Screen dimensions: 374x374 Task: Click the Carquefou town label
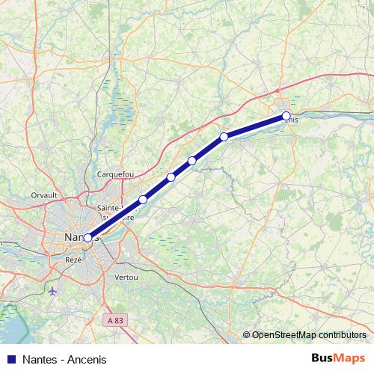tap(115, 174)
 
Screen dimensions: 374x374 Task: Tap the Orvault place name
tap(44, 194)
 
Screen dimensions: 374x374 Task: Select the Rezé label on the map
tap(73, 259)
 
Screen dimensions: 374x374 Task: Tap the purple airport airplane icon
tap(51, 290)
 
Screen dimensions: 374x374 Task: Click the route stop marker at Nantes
tap(88, 238)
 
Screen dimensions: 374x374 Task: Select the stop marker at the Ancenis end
tap(286, 115)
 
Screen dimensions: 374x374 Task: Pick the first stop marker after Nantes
tap(143, 200)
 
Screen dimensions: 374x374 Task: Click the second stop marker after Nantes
tap(171, 177)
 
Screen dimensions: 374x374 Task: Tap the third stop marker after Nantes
tap(192, 161)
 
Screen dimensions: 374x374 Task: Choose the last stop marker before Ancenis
tap(224, 136)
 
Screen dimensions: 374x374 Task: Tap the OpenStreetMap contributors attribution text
tap(308, 334)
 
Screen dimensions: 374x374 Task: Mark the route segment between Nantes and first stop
tap(115, 218)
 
